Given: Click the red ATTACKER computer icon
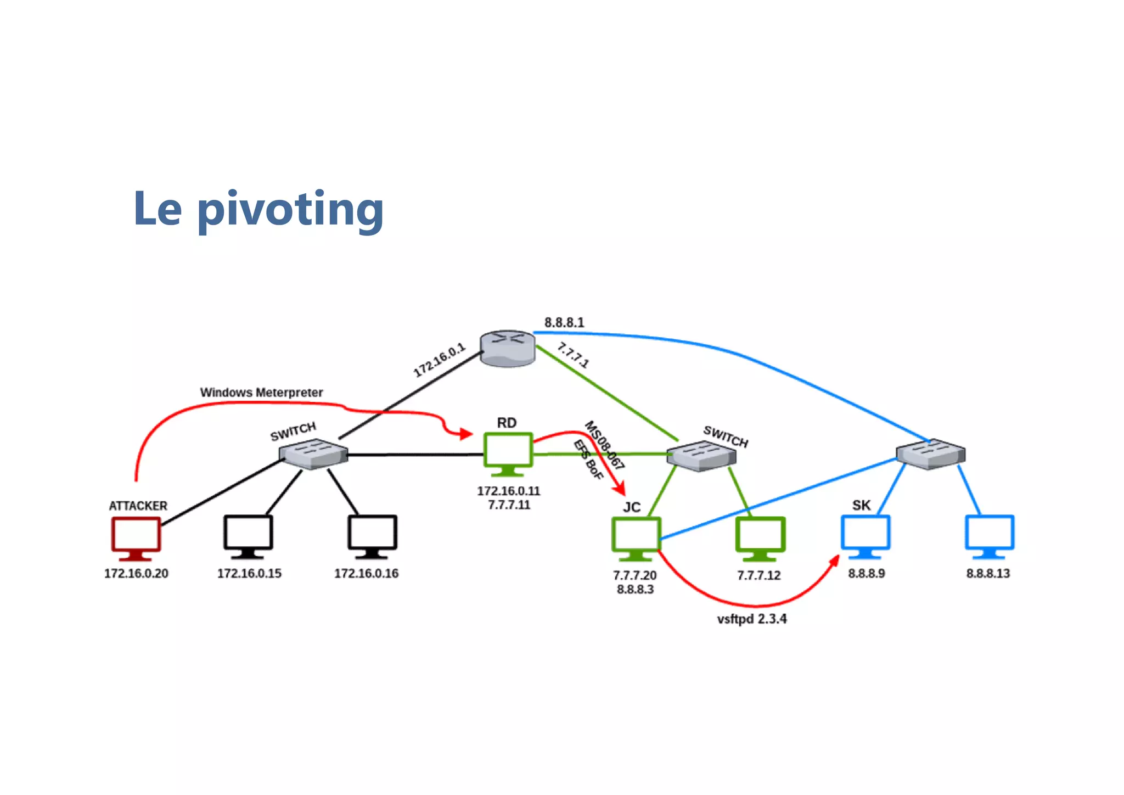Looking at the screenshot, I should (136, 536).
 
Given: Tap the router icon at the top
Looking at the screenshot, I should (507, 348).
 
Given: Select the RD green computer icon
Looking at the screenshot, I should (508, 452).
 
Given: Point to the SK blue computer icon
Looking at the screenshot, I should (866, 535).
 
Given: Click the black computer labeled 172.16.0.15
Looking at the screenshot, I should (248, 535).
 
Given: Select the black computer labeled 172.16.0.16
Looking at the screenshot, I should (372, 535).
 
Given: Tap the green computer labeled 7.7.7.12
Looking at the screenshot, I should (760, 537).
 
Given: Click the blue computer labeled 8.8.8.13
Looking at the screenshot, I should (990, 535).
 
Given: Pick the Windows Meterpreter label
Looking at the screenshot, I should (261, 393).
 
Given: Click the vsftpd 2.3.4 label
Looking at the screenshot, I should (752, 619).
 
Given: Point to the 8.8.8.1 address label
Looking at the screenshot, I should (564, 322).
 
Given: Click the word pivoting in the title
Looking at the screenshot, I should (290, 209).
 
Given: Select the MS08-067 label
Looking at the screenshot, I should (604, 445).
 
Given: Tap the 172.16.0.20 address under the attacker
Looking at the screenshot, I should (136, 573).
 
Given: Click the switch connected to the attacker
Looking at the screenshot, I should (313, 454).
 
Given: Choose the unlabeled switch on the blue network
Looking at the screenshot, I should (930, 454).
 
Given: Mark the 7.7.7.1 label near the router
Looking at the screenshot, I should (573, 355).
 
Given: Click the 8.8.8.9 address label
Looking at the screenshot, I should (867, 573).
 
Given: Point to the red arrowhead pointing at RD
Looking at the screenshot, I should (466, 434).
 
